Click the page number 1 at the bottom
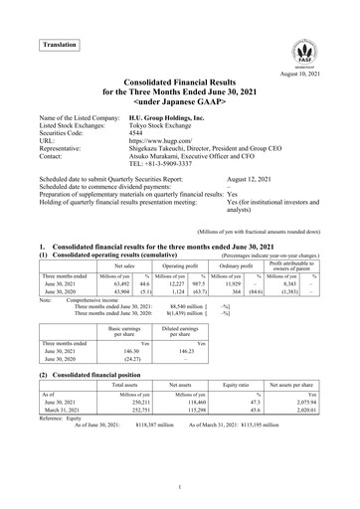click(180, 487)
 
